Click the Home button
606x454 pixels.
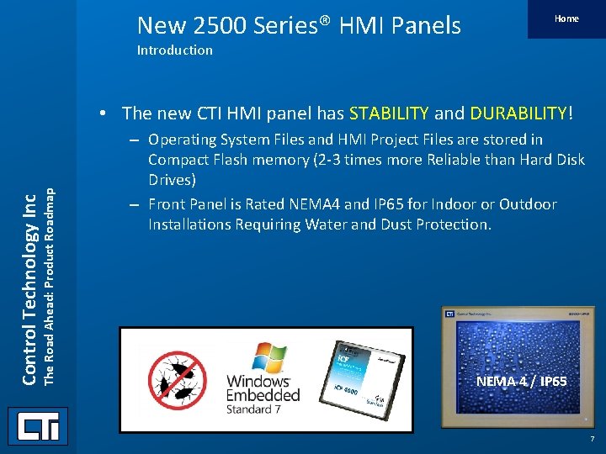566,18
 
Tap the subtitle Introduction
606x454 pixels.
174,50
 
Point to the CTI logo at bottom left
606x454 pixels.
38,427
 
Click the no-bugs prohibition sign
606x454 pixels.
177,379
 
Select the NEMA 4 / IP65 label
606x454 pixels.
521,382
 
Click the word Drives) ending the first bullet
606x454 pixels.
172,180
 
